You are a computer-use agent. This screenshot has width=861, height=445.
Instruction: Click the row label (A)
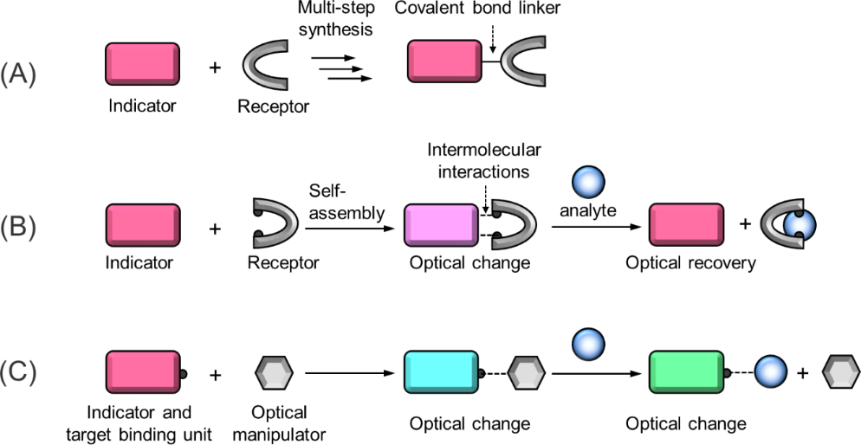18,74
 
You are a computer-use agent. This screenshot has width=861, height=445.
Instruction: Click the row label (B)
18,228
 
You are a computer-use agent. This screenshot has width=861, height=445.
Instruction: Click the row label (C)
18,372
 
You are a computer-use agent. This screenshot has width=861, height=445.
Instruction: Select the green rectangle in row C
685,372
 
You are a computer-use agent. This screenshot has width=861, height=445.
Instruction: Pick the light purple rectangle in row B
440,225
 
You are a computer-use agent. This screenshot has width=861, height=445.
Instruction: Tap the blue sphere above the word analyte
588,181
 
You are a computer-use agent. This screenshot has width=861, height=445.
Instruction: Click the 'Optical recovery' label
690,263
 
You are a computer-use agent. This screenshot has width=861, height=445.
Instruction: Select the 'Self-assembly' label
346,201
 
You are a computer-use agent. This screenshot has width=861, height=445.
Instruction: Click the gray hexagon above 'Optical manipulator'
274,372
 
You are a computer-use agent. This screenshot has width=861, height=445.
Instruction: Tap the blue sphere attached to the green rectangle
770,372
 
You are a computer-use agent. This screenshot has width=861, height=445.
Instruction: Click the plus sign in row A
215,68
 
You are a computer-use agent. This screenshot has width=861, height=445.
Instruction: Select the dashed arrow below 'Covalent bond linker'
493,38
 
